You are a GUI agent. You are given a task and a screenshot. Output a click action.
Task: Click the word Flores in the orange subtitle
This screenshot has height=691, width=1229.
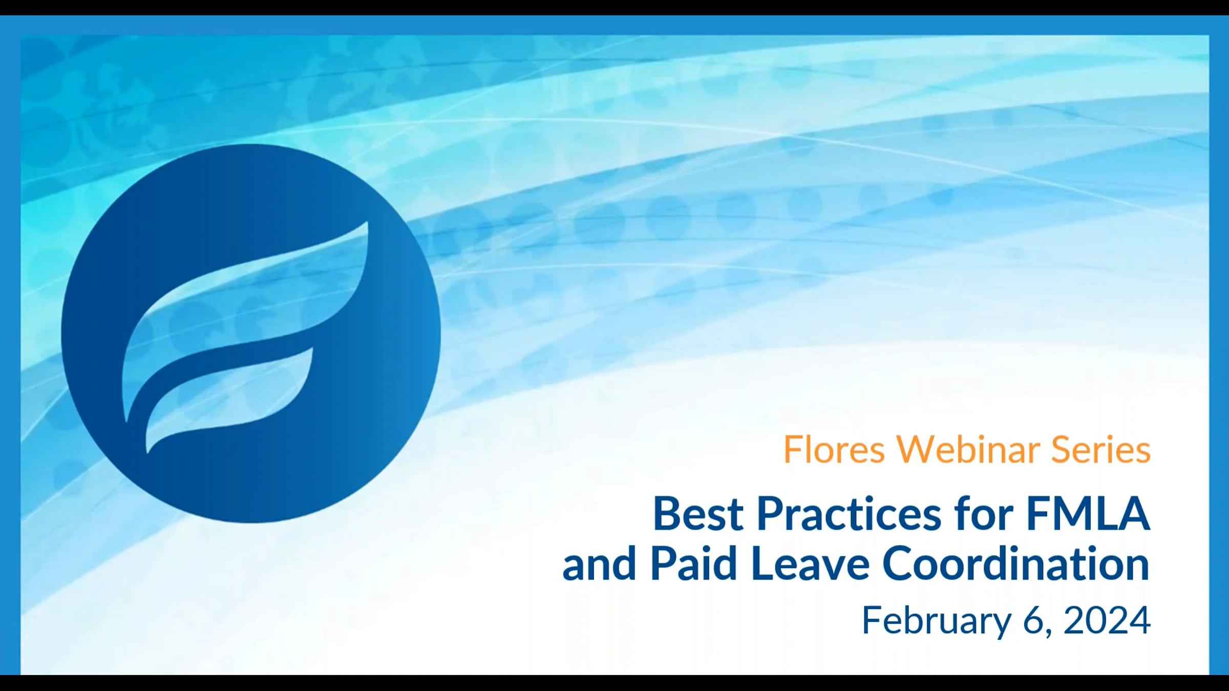[834, 450]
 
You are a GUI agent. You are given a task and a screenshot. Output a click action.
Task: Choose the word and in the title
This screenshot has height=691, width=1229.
[599, 564]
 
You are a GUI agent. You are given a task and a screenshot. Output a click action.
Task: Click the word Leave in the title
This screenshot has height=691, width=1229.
[810, 564]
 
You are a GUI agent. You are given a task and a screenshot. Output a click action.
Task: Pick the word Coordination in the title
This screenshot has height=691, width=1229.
[1016, 564]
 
